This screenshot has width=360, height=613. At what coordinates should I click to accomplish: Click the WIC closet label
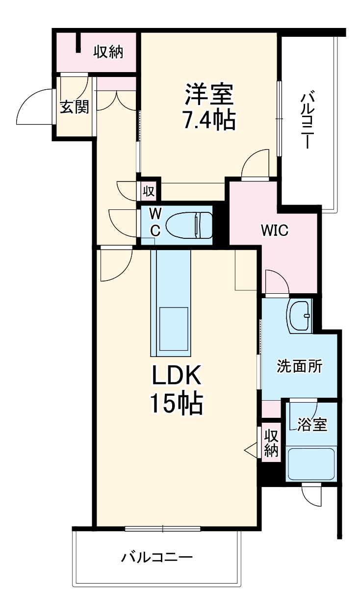(x=275, y=230)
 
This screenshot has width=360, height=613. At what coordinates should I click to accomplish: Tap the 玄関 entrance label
(x=75, y=107)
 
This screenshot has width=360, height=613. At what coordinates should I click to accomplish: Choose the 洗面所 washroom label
(x=300, y=366)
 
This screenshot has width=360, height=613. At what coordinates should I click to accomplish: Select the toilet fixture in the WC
(x=189, y=221)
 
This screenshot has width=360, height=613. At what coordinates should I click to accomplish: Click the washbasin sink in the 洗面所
(x=300, y=316)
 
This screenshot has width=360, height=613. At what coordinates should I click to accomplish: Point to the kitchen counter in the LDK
(x=170, y=303)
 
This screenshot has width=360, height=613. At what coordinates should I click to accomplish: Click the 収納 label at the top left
(x=108, y=52)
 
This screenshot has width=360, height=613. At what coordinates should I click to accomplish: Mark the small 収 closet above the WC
(x=149, y=191)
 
